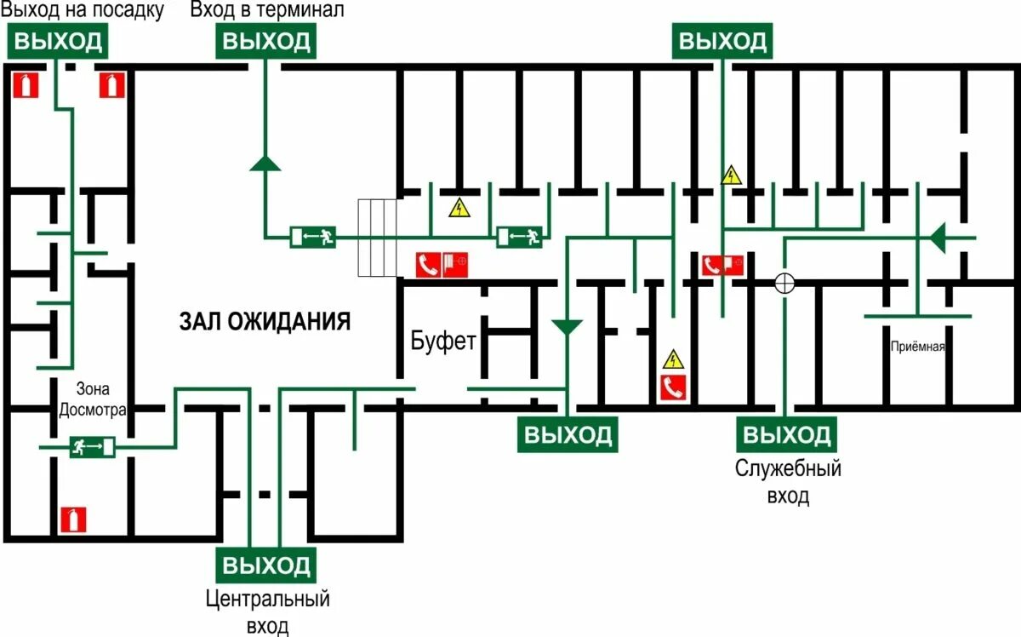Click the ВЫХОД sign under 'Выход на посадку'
tap(58, 41)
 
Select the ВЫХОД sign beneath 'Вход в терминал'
tap(267, 41)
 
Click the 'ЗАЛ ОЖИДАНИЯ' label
tap(265, 321)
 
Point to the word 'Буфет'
tap(442, 341)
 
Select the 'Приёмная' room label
tap(918, 347)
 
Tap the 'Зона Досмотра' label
tap(92, 399)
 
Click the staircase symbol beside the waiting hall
tap(378, 238)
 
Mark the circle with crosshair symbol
tap(784, 283)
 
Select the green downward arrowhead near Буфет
tap(567, 326)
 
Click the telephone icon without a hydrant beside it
tap(674, 387)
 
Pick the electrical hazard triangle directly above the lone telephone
tap(674, 358)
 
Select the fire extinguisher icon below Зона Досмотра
tap(73, 519)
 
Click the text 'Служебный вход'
tap(788, 482)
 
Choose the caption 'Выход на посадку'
tap(82, 11)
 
